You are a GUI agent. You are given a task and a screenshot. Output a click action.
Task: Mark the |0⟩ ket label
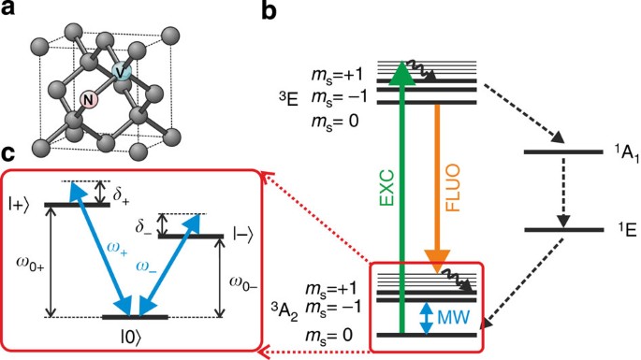(138, 335)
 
